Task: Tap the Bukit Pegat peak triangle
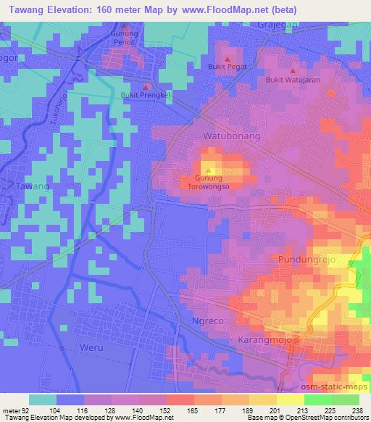coord(228,58)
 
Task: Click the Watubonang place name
coord(228,136)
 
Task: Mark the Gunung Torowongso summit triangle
coord(209,171)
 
